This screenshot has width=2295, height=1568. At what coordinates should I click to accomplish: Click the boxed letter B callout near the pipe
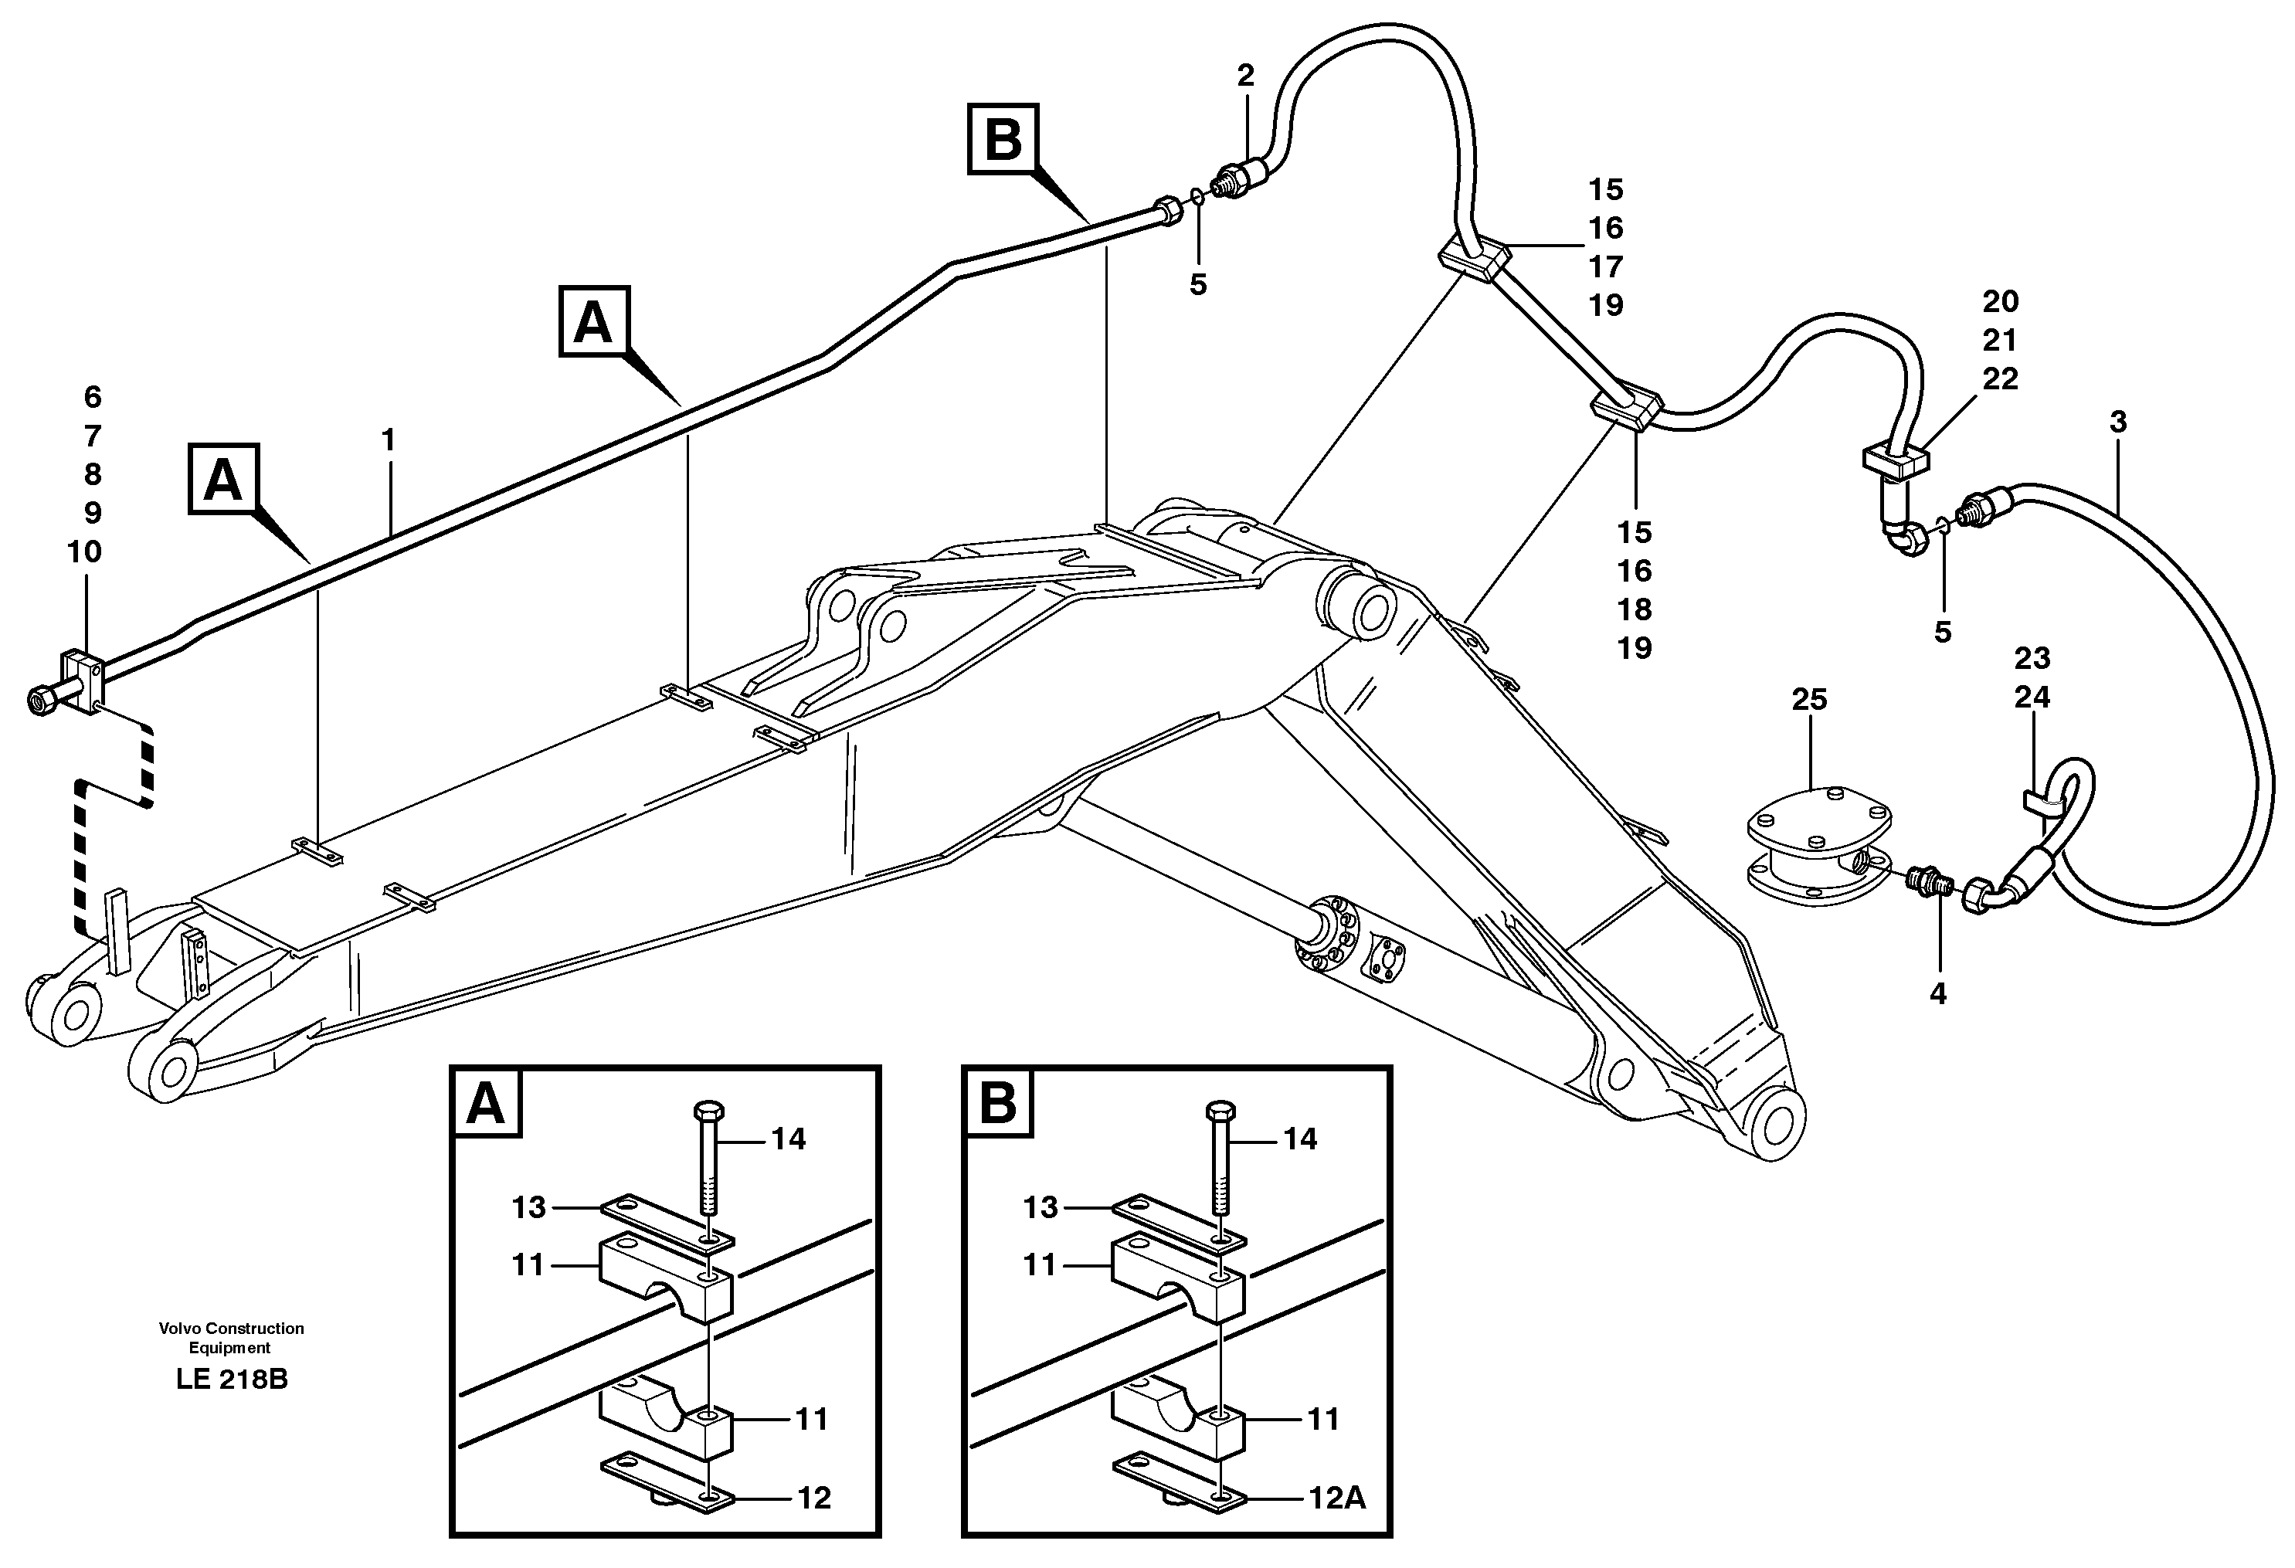(1003, 139)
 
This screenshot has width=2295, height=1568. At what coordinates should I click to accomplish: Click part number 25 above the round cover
(1809, 700)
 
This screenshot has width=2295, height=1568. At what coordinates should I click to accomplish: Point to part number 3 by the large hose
(2117, 422)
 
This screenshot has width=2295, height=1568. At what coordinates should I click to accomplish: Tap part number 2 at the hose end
(1245, 75)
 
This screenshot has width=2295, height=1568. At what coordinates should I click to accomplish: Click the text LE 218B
(232, 1380)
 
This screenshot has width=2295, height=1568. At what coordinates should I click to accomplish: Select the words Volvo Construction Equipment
(231, 1338)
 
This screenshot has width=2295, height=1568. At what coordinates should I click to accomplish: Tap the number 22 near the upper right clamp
(2000, 378)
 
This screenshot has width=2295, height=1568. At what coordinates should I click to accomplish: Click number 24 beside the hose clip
(2032, 697)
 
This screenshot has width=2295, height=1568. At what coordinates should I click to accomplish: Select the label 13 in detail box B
(1040, 1207)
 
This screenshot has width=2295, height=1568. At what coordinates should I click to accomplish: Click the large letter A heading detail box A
(486, 1103)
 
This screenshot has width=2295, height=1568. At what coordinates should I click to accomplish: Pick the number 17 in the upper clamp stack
(1606, 266)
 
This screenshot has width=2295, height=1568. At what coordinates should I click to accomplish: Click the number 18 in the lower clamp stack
(1635, 609)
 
